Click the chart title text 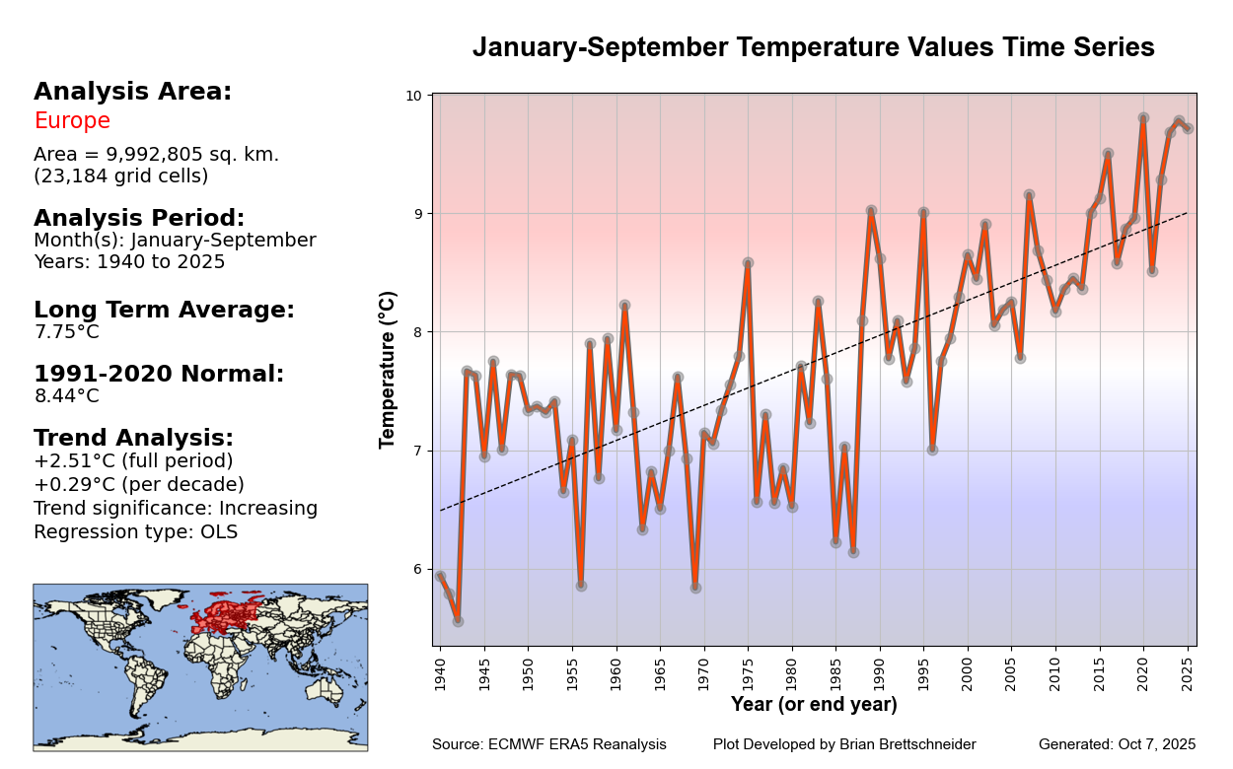[x=813, y=47]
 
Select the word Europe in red [x=72, y=121]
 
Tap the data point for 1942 [x=458, y=621]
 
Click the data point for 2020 [x=1143, y=118]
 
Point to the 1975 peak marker [x=748, y=263]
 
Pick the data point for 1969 [x=695, y=588]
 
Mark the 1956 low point [x=581, y=586]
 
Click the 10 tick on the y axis [x=412, y=96]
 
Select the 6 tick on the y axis [x=416, y=570]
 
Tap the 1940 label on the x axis [x=440, y=675]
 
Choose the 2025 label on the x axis [x=1189, y=675]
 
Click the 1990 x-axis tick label [x=880, y=675]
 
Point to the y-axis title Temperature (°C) [x=388, y=370]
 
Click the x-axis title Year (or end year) [x=814, y=705]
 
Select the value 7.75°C [x=66, y=332]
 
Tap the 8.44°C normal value [x=66, y=396]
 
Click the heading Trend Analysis [x=133, y=438]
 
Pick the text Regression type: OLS [x=135, y=532]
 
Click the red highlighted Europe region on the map [x=222, y=616]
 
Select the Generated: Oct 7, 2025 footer [x=1117, y=744]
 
